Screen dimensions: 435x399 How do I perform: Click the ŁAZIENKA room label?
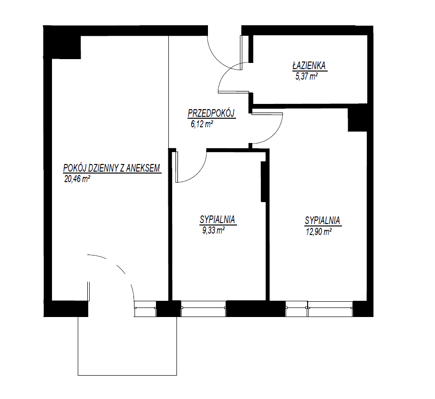point(309,66)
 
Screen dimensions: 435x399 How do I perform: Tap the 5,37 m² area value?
point(307,76)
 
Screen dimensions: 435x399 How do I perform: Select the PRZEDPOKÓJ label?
point(211,113)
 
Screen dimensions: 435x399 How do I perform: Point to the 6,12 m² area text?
point(202,124)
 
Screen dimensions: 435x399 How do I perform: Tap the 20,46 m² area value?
point(77,179)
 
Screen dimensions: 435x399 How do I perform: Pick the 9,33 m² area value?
point(213,230)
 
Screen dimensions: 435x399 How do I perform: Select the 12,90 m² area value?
point(319,232)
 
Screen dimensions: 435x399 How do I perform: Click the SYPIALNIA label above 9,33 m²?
point(217,219)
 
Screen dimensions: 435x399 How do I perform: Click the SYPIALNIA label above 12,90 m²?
point(322,220)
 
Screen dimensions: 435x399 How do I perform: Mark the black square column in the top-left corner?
point(62,42)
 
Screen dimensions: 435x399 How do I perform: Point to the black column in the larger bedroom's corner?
point(358,120)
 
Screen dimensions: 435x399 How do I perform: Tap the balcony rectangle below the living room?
point(127,346)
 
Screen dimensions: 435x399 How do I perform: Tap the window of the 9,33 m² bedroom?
point(203,308)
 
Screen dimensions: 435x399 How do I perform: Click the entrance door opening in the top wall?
point(225,31)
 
